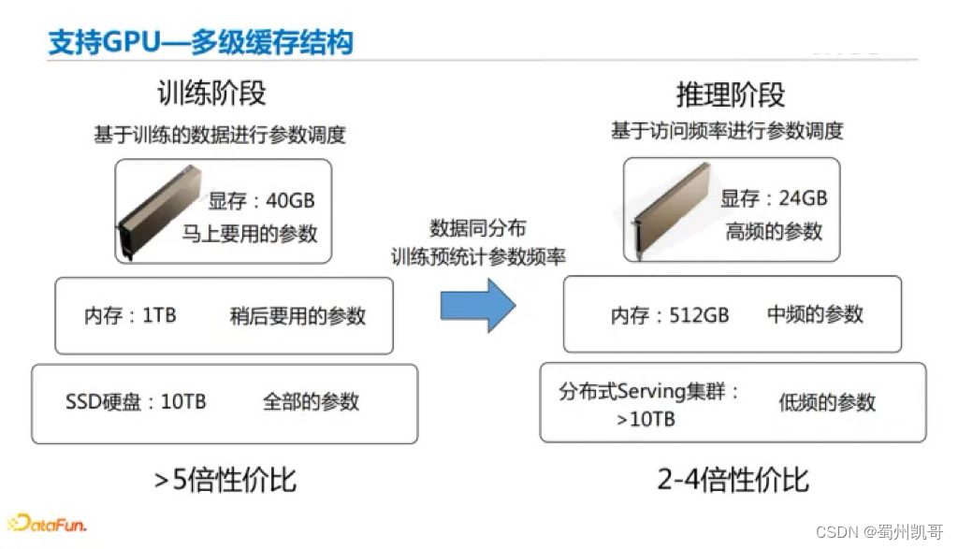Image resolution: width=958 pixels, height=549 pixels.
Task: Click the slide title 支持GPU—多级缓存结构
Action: point(200,42)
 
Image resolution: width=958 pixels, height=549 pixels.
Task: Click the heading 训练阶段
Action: point(211,93)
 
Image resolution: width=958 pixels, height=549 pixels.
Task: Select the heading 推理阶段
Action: point(731,94)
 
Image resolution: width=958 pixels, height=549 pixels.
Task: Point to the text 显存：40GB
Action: point(261,200)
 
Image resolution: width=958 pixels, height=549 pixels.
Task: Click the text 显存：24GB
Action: point(774,198)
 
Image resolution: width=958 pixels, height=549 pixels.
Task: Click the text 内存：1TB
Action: point(130,315)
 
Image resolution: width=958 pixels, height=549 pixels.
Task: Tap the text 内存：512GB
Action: point(670,315)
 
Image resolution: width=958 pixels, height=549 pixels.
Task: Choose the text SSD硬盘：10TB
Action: point(136,402)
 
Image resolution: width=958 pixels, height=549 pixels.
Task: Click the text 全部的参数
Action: point(311,402)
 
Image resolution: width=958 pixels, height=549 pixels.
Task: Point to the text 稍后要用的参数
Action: point(298,315)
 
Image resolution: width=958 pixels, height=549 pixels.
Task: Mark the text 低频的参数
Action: point(827,402)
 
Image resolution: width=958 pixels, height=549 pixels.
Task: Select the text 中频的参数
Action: point(815,315)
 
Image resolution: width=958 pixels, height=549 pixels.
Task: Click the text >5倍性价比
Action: point(225,480)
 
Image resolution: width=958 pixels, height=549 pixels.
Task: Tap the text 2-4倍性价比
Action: point(733,480)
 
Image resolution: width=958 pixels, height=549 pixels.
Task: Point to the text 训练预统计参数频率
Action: point(478,256)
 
